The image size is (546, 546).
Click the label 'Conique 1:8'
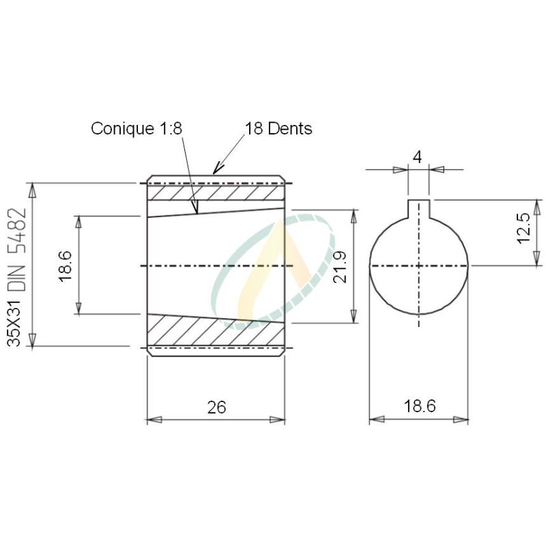(x=137, y=128)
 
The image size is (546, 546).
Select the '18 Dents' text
(x=278, y=128)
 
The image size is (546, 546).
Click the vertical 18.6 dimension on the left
(x=66, y=265)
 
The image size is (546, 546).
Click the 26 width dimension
(x=216, y=407)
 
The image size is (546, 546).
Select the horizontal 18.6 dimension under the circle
(x=419, y=407)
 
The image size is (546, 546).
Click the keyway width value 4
(x=418, y=156)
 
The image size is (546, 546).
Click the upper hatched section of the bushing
(x=215, y=193)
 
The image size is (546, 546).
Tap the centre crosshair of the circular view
(x=418, y=265)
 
